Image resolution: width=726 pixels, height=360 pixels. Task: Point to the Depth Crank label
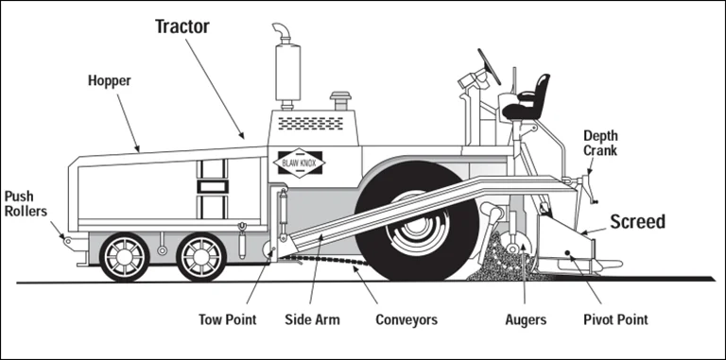click(x=600, y=143)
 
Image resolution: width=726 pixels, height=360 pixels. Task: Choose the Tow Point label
click(x=227, y=319)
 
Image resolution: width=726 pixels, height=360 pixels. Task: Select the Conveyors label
click(x=406, y=319)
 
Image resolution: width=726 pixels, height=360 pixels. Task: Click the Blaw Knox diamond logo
click(x=301, y=163)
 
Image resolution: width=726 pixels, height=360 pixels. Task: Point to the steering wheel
click(x=489, y=66)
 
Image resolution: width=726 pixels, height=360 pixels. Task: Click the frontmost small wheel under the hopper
click(x=126, y=256)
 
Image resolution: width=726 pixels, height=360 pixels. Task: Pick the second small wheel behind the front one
click(x=201, y=256)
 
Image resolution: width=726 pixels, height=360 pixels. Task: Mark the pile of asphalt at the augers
click(x=501, y=262)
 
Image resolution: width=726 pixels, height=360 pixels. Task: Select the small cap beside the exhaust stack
click(x=338, y=100)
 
